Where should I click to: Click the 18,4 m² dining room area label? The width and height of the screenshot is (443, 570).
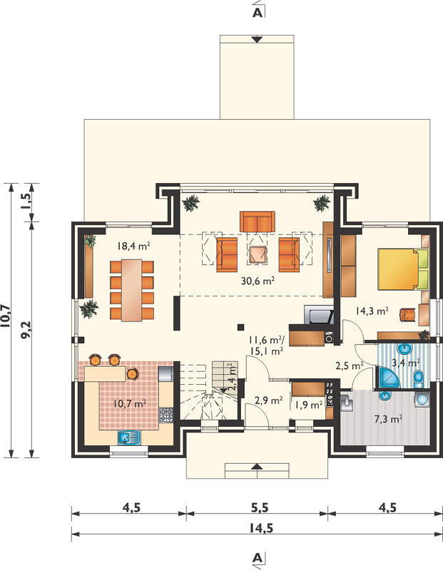(133, 246)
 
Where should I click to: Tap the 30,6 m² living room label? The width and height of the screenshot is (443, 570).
(258, 281)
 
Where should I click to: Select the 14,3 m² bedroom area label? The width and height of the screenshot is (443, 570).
(372, 311)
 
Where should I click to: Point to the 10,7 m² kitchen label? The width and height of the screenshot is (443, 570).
(130, 403)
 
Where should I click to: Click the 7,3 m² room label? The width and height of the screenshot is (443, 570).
(388, 419)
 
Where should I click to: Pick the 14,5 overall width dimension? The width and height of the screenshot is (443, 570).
(261, 528)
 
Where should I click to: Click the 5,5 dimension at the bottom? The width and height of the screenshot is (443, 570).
(260, 507)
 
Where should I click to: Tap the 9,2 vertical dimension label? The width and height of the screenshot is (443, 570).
(26, 330)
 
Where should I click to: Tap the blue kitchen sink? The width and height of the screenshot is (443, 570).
(129, 437)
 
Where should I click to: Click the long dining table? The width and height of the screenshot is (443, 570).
(131, 290)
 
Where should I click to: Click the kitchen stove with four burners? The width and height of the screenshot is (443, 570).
(166, 415)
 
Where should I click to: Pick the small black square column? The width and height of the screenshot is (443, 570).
(240, 327)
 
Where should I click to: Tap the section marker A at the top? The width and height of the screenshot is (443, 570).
(258, 12)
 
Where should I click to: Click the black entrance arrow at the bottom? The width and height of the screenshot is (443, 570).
(258, 466)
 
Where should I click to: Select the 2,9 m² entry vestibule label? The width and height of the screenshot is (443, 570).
(269, 400)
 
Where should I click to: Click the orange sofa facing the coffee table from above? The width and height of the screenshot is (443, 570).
(258, 221)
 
